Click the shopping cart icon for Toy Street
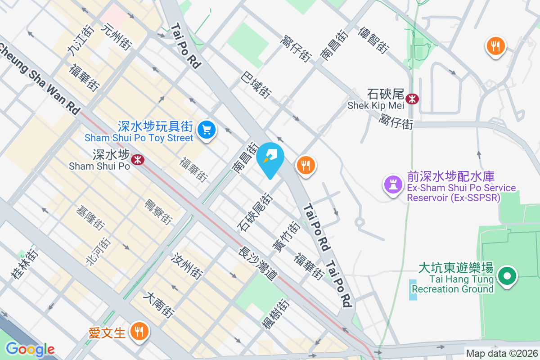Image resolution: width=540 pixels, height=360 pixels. point(207,130)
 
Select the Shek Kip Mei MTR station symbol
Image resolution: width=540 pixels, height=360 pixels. point(412,99)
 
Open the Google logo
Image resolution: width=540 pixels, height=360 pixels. point(30,349)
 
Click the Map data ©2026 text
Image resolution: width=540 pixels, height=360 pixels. point(502,353)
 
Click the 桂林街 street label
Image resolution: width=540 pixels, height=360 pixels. point(25,264)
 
